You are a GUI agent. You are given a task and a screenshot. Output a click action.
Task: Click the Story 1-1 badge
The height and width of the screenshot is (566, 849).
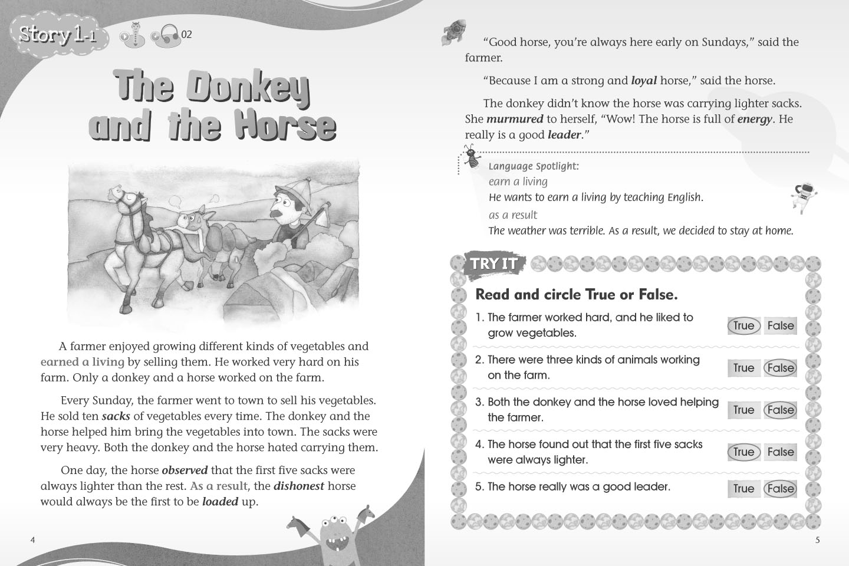[x=57, y=35]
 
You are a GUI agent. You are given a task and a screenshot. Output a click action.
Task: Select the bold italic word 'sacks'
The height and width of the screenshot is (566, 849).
[x=116, y=416]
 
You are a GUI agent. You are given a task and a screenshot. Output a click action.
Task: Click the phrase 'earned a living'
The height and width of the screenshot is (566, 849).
[x=83, y=361]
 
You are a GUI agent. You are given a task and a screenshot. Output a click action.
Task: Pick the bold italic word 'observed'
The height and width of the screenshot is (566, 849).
[x=185, y=470]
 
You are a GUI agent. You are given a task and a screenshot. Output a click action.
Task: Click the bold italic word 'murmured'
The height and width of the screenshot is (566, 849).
[x=515, y=119]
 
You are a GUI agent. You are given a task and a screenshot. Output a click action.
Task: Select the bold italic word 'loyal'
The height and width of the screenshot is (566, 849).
[x=644, y=80]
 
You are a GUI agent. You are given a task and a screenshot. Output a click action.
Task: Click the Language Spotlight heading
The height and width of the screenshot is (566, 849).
[x=534, y=166]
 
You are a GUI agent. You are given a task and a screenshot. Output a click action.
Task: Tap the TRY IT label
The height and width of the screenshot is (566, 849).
[x=493, y=264]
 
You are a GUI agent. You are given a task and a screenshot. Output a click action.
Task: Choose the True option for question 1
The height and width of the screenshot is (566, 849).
[x=743, y=325]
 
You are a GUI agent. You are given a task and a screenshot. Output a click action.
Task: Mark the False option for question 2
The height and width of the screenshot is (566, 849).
[x=781, y=368]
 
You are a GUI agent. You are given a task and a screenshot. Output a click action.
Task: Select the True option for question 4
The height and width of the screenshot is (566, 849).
[x=743, y=452]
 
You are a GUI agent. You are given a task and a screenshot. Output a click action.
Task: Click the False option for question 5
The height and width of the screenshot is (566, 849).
[x=781, y=489]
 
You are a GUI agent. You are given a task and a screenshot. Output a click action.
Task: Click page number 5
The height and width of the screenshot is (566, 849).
[x=817, y=540]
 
